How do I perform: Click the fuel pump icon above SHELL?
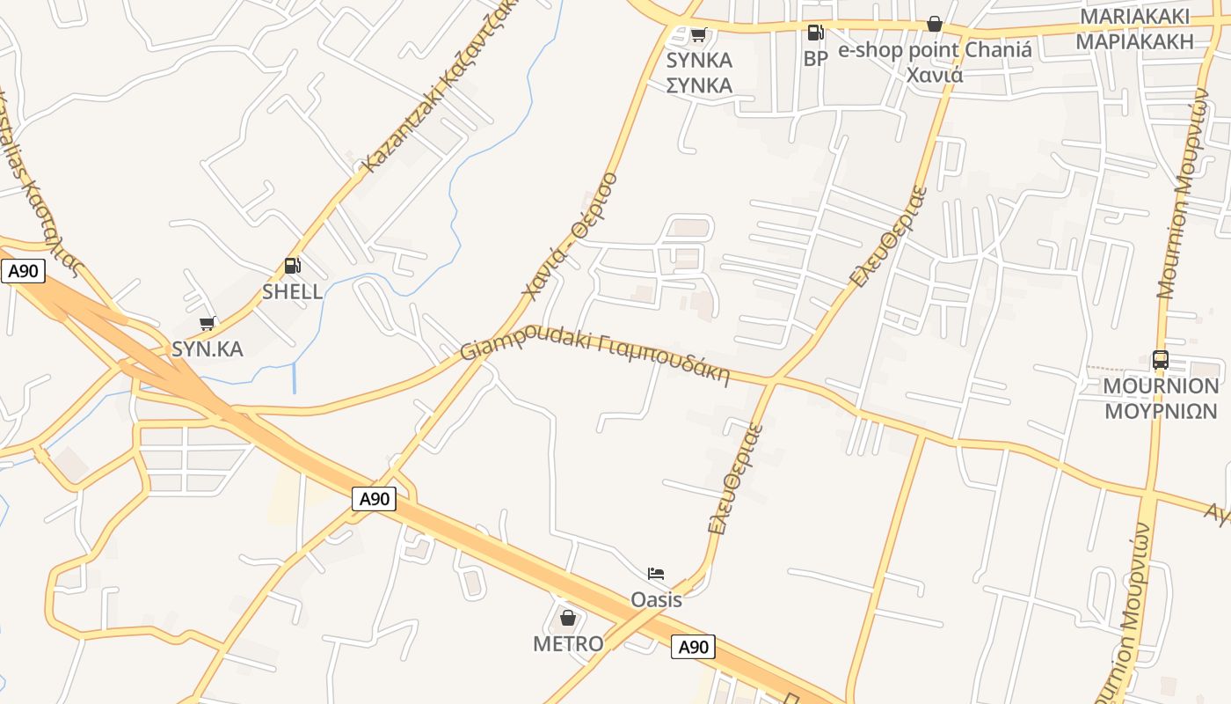click(292, 266)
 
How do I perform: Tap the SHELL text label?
click(293, 291)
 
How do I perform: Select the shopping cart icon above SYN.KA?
click(208, 324)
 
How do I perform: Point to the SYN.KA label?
click(208, 348)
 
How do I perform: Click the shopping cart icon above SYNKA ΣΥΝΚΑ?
click(699, 35)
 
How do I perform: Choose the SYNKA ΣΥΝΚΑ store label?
click(699, 73)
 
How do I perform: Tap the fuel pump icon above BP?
click(816, 33)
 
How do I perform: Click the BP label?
click(816, 59)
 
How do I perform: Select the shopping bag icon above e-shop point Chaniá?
click(935, 24)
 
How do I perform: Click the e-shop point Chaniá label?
click(935, 62)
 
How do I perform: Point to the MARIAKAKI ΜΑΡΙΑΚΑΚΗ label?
click(1135, 29)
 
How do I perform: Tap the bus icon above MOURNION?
click(1161, 359)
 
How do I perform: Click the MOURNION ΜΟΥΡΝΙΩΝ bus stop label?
click(1162, 399)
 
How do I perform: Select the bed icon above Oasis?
click(656, 574)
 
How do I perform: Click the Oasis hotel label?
click(656, 599)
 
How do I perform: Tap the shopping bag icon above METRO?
click(568, 618)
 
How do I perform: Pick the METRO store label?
click(568, 643)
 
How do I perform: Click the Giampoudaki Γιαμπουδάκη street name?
click(595, 357)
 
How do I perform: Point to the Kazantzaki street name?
click(437, 86)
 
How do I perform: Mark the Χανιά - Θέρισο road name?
click(570, 235)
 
